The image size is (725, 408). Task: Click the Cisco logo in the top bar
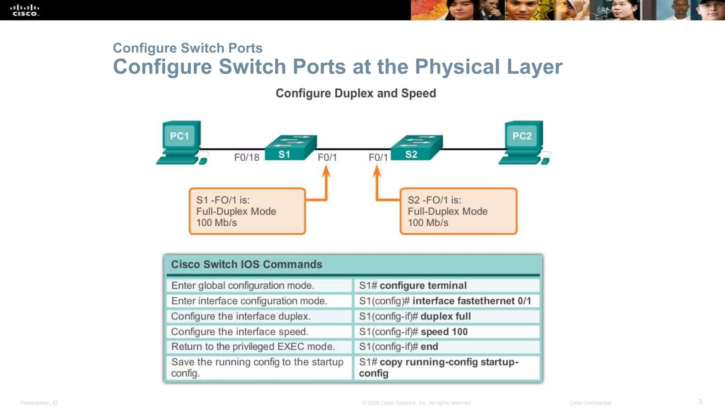24,10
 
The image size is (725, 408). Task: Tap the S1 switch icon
290,148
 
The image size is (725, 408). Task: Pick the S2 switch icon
416,148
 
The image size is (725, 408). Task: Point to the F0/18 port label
247,157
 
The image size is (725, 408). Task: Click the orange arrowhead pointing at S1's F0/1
326,171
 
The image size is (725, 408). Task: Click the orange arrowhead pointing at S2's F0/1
377,171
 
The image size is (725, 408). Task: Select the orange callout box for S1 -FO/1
247,211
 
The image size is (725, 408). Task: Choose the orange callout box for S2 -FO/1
458,211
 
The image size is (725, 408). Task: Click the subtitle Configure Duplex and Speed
356,93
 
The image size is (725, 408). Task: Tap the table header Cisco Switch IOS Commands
246,265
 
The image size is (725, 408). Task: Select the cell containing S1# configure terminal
447,285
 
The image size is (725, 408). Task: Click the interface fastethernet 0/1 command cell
447,301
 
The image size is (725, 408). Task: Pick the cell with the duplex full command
447,316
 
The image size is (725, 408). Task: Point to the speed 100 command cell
447,332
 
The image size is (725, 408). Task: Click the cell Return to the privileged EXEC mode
259,347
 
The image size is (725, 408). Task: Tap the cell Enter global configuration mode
259,285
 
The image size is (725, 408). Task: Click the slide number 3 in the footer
700,402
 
